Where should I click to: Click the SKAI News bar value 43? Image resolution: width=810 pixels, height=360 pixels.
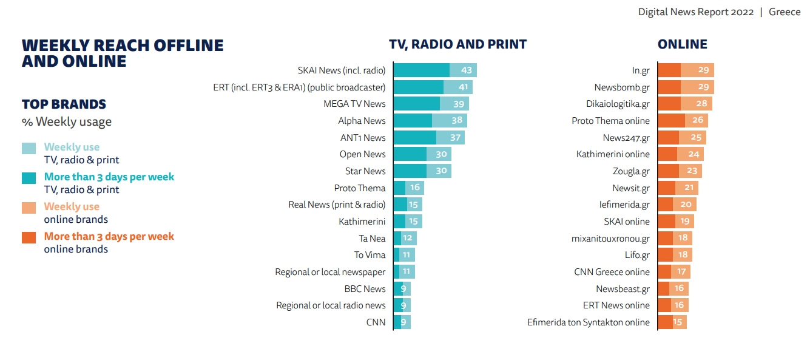tap(467, 70)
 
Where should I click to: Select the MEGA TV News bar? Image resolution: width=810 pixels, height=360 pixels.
tap(431, 104)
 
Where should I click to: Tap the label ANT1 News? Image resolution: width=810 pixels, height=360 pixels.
tap(363, 138)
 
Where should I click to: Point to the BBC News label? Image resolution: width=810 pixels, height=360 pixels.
tap(365, 289)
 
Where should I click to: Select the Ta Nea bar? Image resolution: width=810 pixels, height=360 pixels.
tap(405, 239)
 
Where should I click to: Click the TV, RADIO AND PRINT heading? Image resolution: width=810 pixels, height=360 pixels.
tap(457, 44)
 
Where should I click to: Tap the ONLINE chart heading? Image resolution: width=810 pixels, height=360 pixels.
tap(683, 44)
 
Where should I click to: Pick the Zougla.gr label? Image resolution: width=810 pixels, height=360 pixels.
tap(631, 171)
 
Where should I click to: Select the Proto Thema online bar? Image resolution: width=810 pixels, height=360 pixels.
tap(683, 121)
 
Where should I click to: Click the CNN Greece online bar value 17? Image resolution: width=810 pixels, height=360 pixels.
tap(682, 272)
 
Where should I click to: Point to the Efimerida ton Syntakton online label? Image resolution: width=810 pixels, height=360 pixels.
tap(588, 322)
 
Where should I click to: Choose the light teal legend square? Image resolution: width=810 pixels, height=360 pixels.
tap(29, 148)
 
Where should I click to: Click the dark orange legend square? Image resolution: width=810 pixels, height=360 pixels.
tap(29, 237)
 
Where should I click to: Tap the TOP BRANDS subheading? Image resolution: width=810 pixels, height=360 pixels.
tap(64, 104)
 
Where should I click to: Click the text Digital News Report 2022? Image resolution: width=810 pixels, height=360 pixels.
tap(695, 12)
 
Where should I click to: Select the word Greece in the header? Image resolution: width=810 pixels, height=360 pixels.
tap(785, 12)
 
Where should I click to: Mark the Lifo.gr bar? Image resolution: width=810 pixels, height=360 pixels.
tap(675, 255)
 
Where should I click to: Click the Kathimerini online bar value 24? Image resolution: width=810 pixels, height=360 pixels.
tap(694, 154)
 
